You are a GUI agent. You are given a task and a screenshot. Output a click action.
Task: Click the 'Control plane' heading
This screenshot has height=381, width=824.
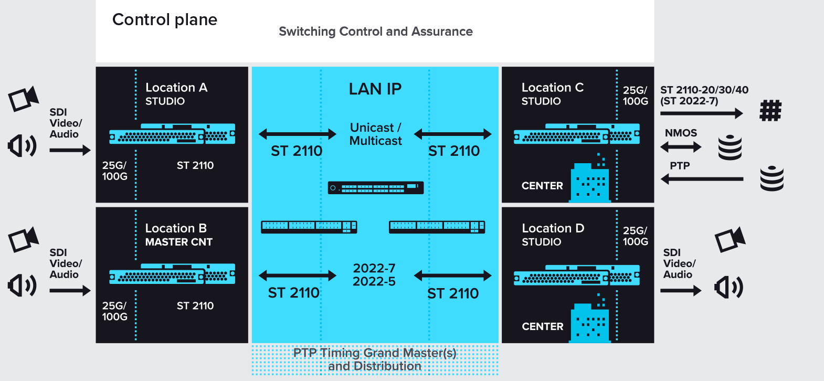pyautogui.click(x=165, y=20)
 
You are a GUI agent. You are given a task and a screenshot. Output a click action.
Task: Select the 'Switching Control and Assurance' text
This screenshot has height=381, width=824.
pyautogui.click(x=376, y=31)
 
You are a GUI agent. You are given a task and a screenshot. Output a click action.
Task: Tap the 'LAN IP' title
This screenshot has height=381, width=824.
pyautogui.click(x=375, y=89)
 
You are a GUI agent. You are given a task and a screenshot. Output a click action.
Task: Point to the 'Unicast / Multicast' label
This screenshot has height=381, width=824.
pyautogui.click(x=376, y=134)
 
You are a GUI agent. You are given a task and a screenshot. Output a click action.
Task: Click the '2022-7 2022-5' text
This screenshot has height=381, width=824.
pyautogui.click(x=374, y=275)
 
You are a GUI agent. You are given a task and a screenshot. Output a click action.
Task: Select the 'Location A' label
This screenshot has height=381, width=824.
pyautogui.click(x=176, y=88)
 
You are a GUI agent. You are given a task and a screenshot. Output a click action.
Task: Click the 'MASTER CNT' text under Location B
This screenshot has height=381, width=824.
pyautogui.click(x=179, y=242)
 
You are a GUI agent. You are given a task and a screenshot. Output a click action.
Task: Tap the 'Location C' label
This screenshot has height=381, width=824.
pyautogui.click(x=553, y=88)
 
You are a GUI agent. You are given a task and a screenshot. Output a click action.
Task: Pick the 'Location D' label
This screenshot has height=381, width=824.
pyautogui.click(x=553, y=228)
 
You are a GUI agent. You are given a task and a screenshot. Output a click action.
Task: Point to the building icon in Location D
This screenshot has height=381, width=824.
pyautogui.click(x=590, y=321)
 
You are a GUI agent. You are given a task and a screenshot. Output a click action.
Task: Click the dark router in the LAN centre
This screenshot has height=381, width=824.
pyautogui.click(x=376, y=187)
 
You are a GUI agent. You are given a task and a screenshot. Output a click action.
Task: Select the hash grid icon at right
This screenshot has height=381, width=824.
pyautogui.click(x=770, y=111)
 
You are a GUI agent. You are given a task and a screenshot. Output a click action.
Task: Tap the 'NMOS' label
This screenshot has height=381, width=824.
pyautogui.click(x=681, y=133)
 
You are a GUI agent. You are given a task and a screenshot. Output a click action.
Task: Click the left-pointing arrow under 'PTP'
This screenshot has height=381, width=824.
pyautogui.click(x=702, y=179)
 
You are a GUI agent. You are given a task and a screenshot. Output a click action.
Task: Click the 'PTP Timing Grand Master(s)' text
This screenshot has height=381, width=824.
pyautogui.click(x=375, y=353)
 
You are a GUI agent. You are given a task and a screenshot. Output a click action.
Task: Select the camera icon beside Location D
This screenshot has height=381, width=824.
pyautogui.click(x=730, y=240)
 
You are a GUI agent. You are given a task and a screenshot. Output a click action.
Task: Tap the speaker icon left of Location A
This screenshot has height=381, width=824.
pyautogui.click(x=22, y=145)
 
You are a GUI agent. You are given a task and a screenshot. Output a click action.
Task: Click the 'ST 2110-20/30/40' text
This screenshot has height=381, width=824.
pyautogui.click(x=704, y=90)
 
